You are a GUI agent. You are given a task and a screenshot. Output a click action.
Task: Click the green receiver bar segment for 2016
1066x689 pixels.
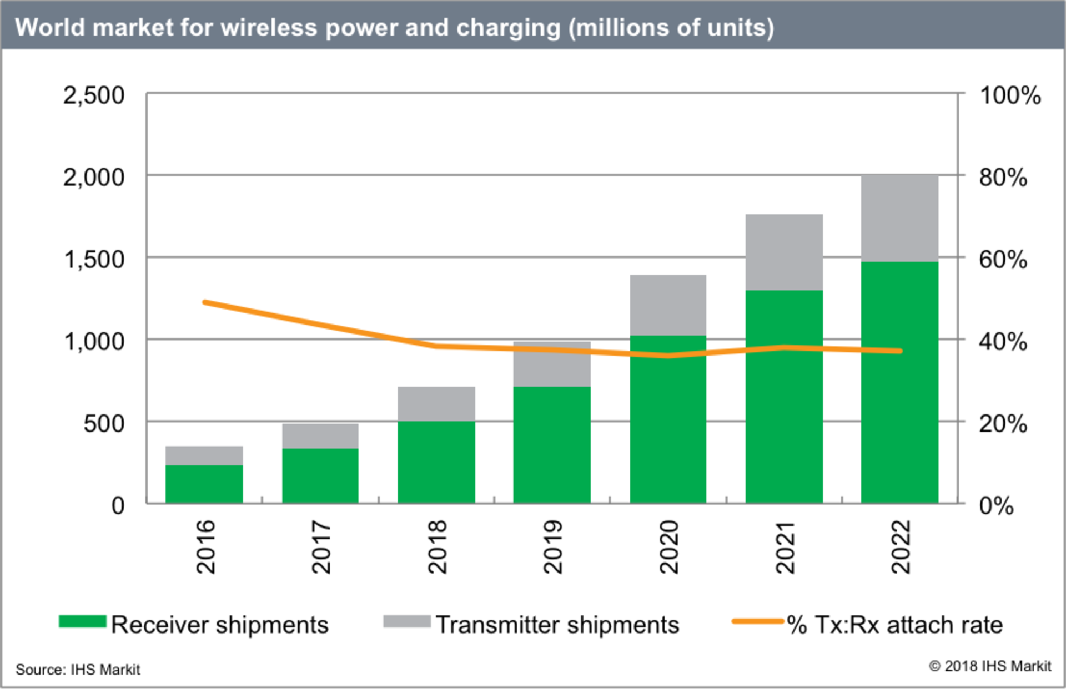[x=204, y=484]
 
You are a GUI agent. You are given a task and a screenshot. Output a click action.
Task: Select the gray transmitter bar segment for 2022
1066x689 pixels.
[x=899, y=218]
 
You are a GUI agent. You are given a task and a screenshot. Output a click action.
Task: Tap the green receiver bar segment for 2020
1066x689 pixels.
[x=668, y=419]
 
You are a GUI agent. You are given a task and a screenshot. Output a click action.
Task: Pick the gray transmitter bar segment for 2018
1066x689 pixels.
[x=436, y=404]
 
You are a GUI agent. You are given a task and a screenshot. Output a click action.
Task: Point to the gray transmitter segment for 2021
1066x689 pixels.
[x=784, y=252]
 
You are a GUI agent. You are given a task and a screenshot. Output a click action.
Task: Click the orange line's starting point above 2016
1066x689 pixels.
[x=205, y=302]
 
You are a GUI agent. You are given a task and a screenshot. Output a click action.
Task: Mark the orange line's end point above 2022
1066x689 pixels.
[x=900, y=351]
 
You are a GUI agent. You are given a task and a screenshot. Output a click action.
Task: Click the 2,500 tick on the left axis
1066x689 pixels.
[x=94, y=95]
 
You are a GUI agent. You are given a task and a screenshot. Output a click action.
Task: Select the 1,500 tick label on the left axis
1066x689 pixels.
[x=94, y=259]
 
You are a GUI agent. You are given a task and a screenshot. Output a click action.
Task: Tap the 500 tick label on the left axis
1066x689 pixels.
[x=104, y=423]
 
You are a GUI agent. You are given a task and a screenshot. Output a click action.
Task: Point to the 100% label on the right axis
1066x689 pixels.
[x=1009, y=95]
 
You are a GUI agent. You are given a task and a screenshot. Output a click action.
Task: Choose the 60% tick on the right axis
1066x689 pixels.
[x=1003, y=259]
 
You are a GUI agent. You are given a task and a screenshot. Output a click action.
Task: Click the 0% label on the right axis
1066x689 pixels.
[x=996, y=505]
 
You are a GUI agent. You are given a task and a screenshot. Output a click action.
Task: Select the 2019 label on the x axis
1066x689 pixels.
[x=553, y=546]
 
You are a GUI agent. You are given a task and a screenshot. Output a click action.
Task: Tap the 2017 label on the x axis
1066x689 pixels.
[x=321, y=546]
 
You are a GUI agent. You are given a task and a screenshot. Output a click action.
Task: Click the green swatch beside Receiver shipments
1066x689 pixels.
[x=82, y=621]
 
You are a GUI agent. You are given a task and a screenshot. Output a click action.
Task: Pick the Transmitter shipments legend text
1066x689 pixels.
[x=557, y=625]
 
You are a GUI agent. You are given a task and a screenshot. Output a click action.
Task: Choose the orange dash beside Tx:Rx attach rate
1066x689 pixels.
[x=757, y=621]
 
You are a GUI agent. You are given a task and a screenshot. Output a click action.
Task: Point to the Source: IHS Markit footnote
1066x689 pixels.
[x=78, y=669]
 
